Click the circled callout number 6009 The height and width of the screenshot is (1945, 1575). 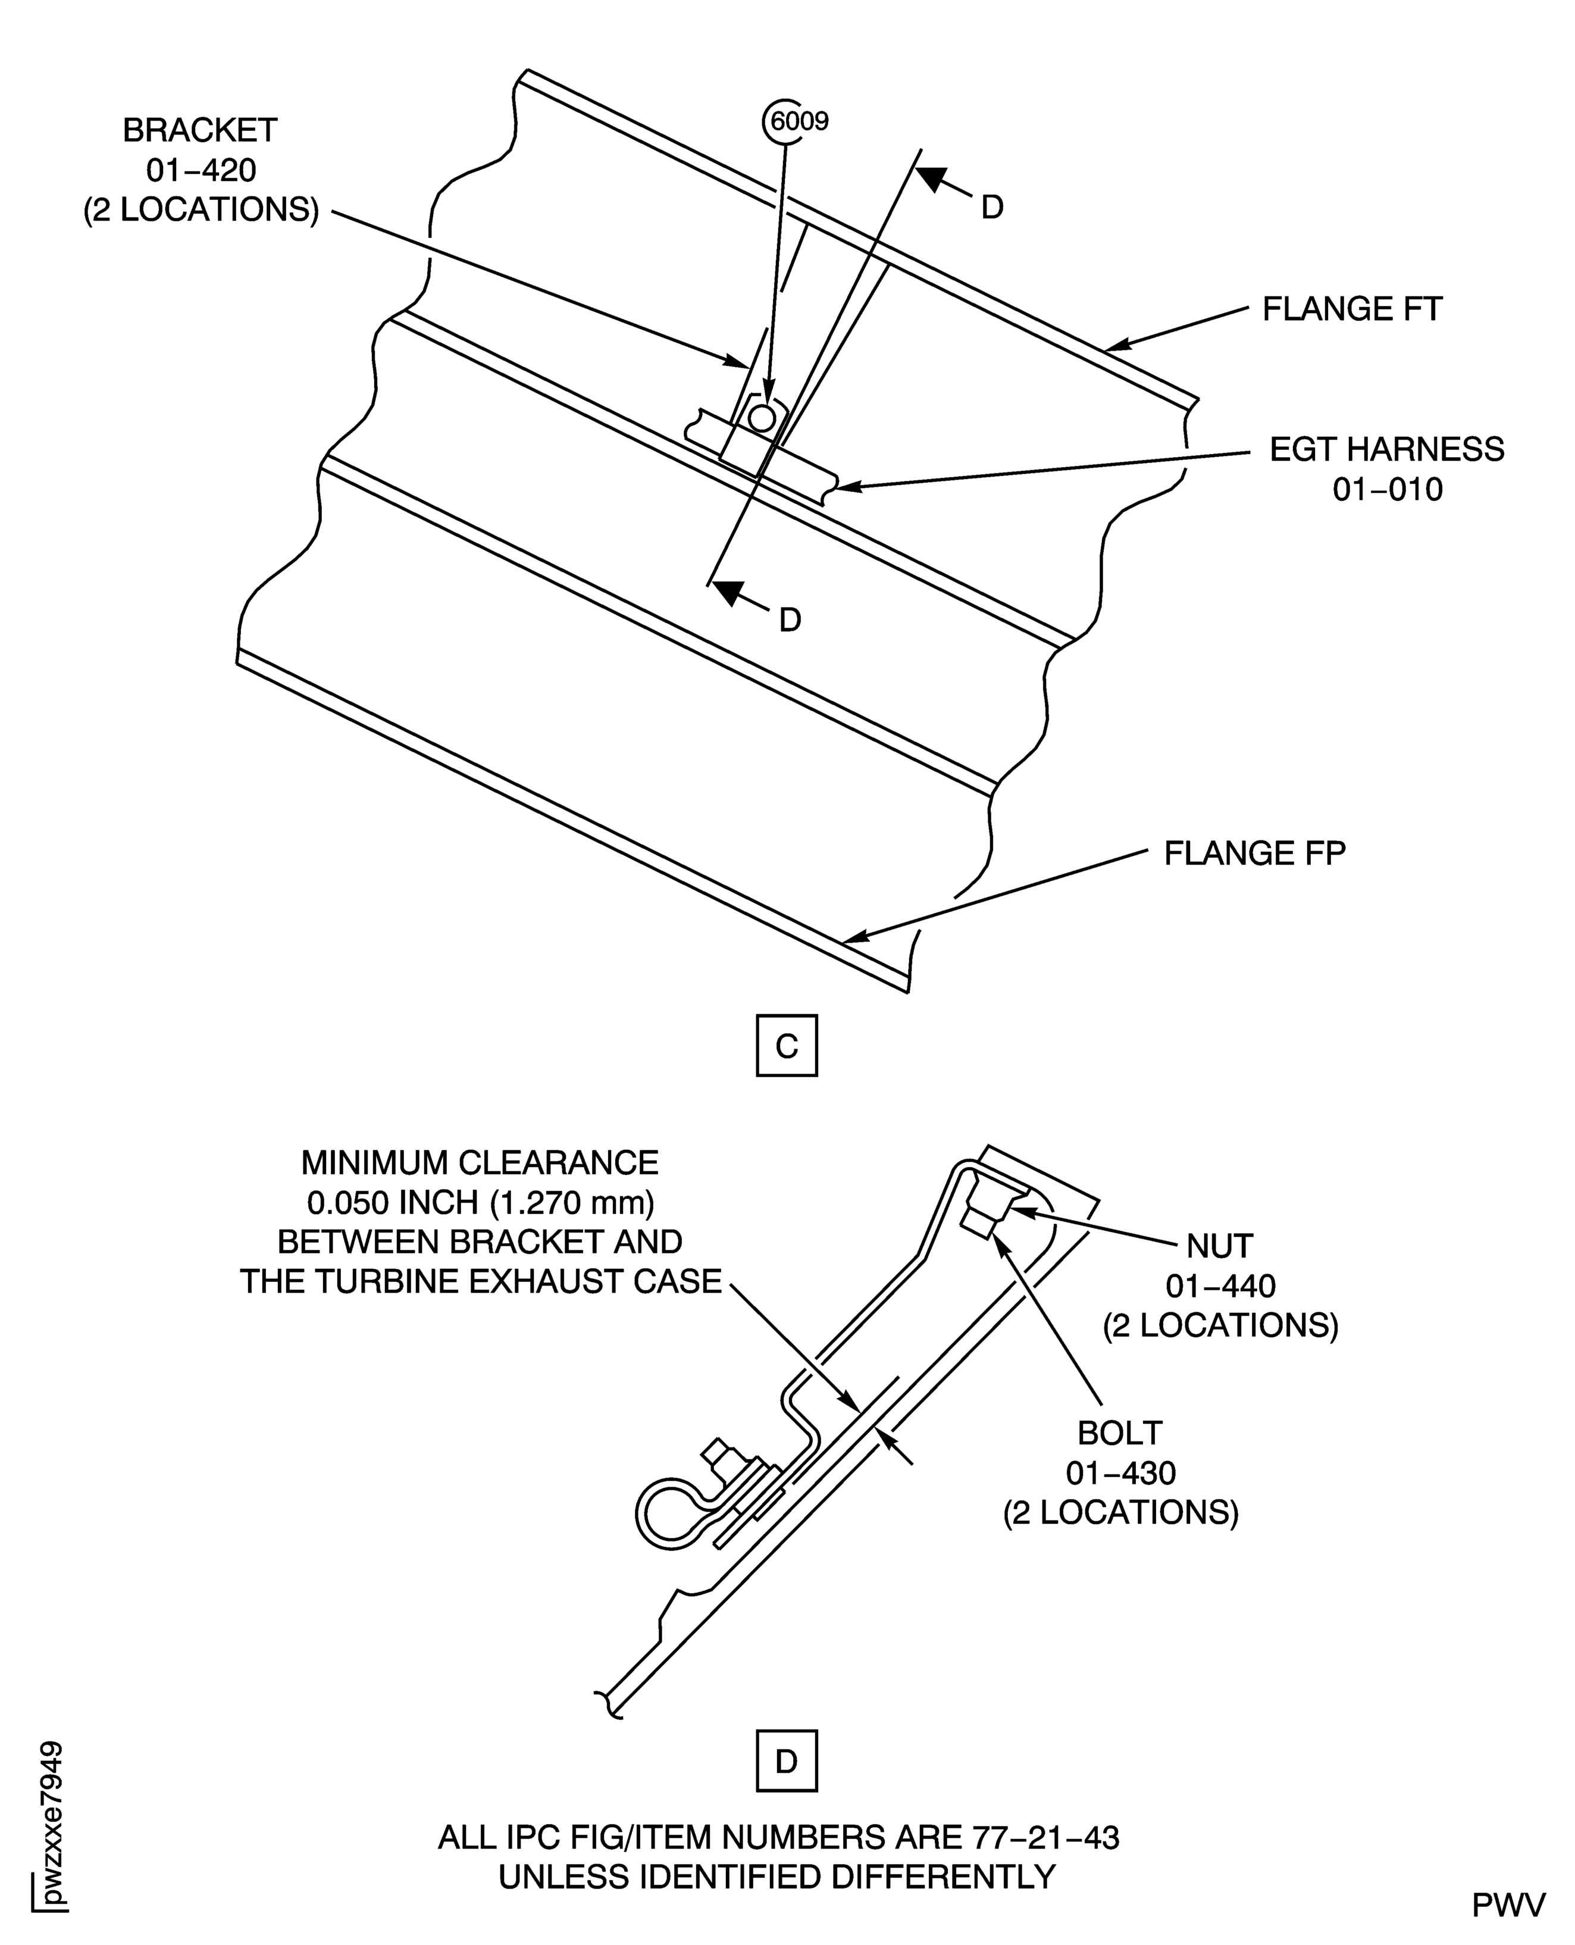pos(797,121)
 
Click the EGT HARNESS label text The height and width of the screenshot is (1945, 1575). pos(1387,449)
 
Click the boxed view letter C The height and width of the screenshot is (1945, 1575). pos(787,1046)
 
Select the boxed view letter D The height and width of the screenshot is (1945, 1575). pos(787,1762)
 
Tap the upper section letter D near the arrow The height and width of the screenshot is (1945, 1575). pos(992,208)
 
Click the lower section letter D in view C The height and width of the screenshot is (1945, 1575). pos(790,620)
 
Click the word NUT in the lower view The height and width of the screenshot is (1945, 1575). pos(1220,1246)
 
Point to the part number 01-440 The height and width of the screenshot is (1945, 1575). pos(1221,1286)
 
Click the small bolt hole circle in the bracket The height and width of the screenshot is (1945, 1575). pos(762,418)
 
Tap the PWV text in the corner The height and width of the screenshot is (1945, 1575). pos(1508,1906)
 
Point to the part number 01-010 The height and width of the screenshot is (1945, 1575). pos(1387,490)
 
